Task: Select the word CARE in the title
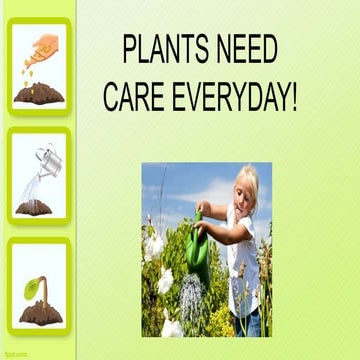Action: (139, 98)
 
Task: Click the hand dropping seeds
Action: (45, 43)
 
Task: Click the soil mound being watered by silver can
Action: (34, 206)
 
